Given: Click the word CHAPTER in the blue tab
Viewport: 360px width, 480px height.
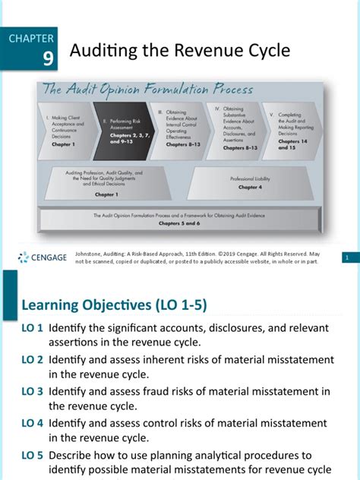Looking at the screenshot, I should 32,37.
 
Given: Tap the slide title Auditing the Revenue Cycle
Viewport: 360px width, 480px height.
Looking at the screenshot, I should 179,51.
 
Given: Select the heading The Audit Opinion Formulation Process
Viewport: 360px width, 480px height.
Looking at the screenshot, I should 147,90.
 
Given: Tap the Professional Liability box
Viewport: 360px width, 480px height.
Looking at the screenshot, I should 250,182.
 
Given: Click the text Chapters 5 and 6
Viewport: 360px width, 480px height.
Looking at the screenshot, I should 180,224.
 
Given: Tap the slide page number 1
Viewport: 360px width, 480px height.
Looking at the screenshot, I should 346,258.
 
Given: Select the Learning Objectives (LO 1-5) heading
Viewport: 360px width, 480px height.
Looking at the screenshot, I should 114,305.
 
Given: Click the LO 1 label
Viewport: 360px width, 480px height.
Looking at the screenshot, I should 31,329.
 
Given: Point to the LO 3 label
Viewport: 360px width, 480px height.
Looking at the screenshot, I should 31,392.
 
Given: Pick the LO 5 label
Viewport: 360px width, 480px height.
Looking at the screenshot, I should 31,456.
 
